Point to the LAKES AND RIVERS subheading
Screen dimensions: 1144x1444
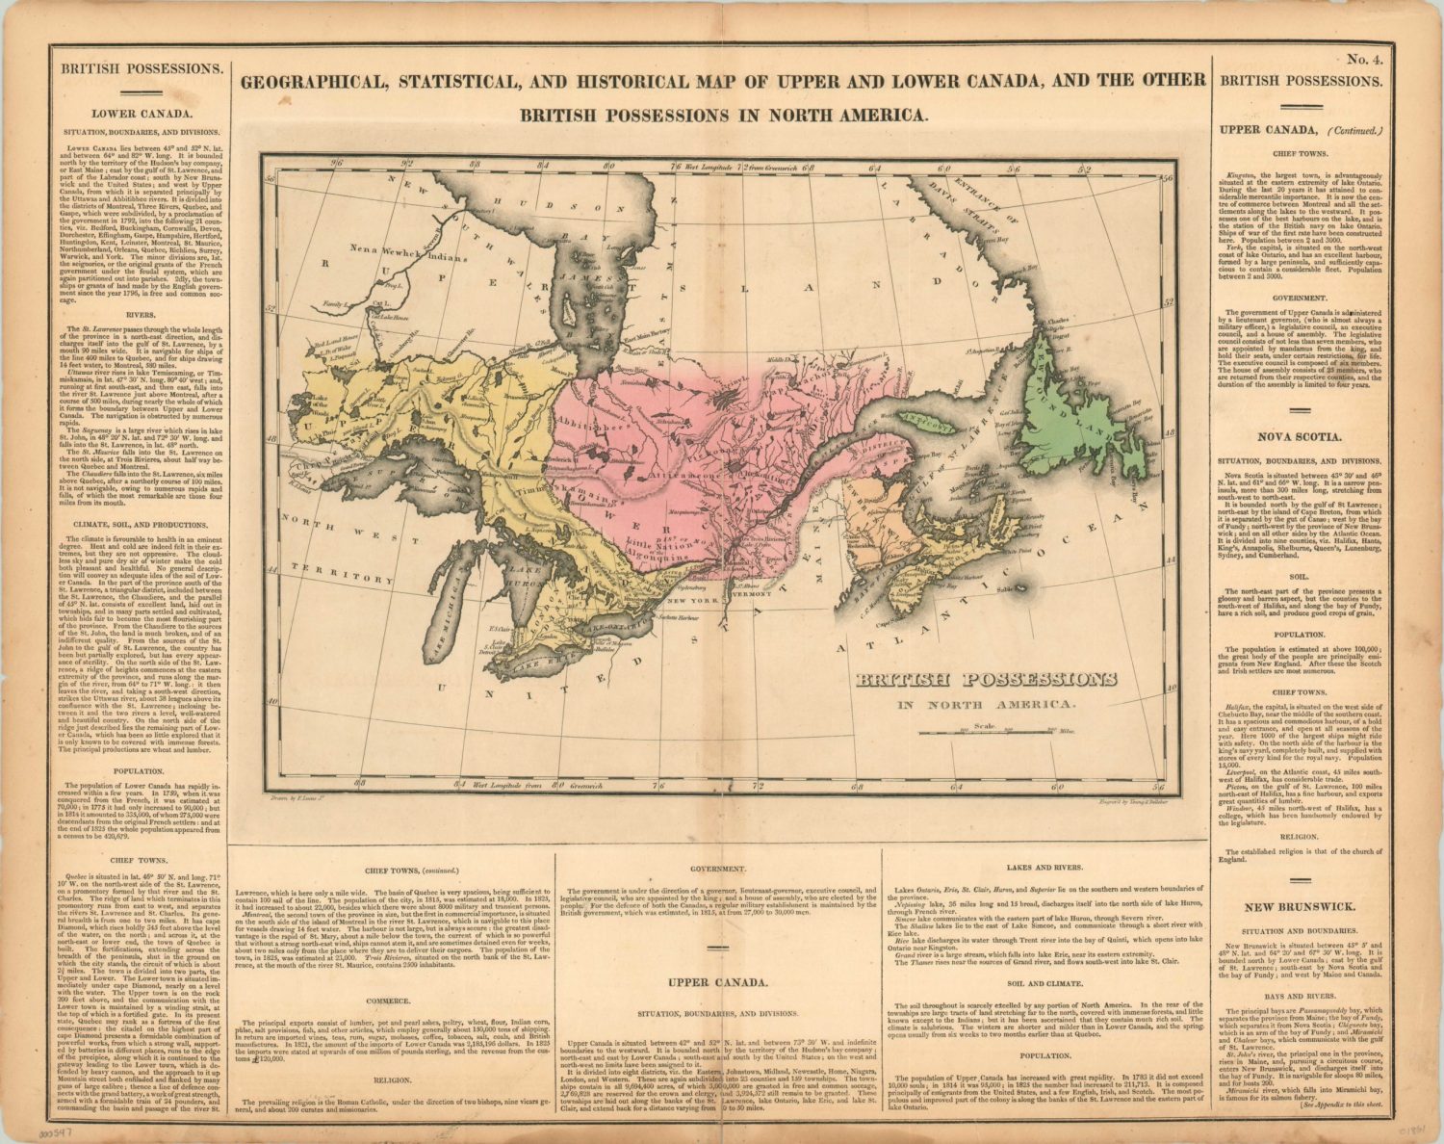click(x=1045, y=869)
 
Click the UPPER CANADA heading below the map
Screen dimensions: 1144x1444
click(x=719, y=983)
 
